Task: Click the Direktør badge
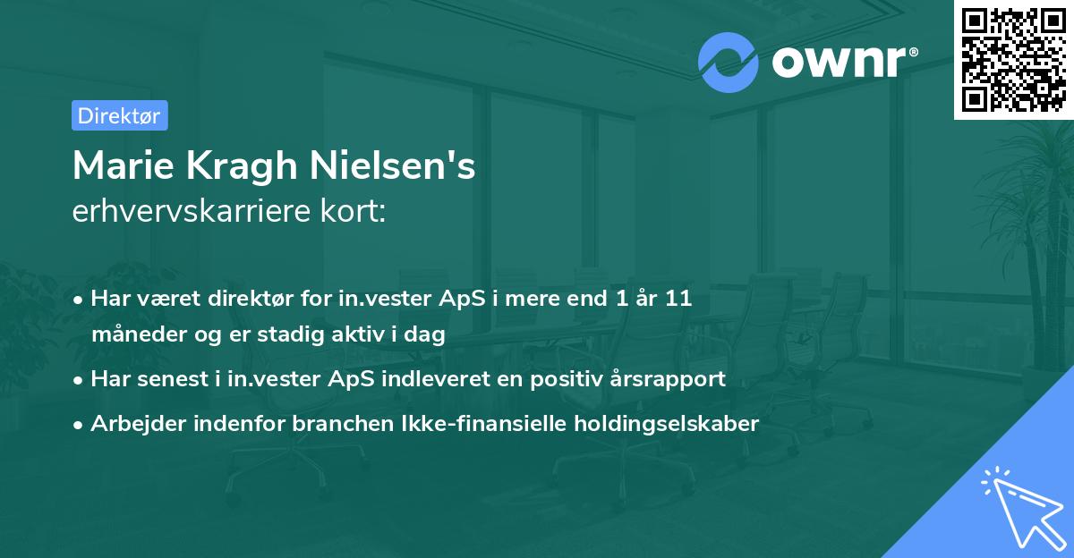119,115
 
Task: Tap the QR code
1013,59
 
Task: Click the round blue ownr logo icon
729,63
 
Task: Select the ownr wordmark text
841,63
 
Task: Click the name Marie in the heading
122,165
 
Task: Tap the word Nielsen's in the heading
396,165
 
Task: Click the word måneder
132,335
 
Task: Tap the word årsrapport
667,379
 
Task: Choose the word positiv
567,379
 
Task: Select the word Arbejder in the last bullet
132,424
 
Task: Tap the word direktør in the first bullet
251,299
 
